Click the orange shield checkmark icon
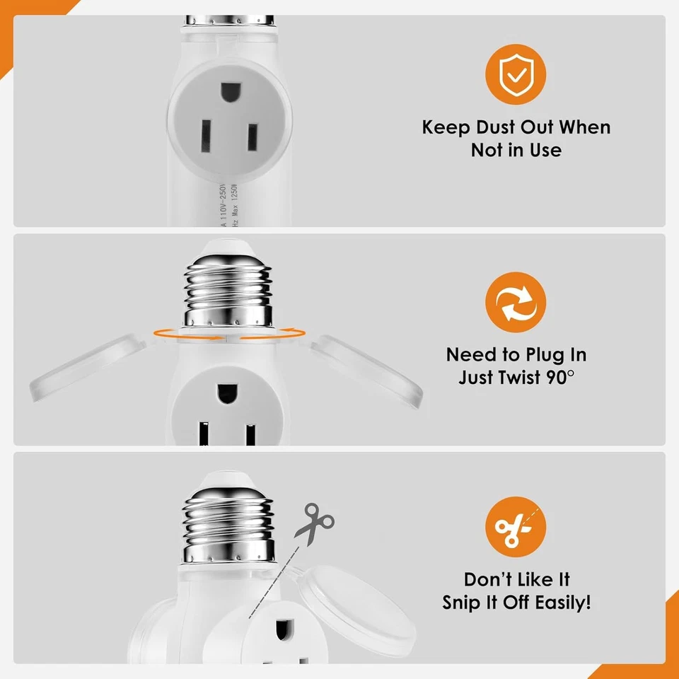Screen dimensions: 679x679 516,74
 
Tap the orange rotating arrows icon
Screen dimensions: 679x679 516,303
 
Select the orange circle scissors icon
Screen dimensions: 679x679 516,528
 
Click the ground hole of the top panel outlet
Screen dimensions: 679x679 229,92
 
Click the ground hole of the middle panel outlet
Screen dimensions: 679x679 227,393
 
